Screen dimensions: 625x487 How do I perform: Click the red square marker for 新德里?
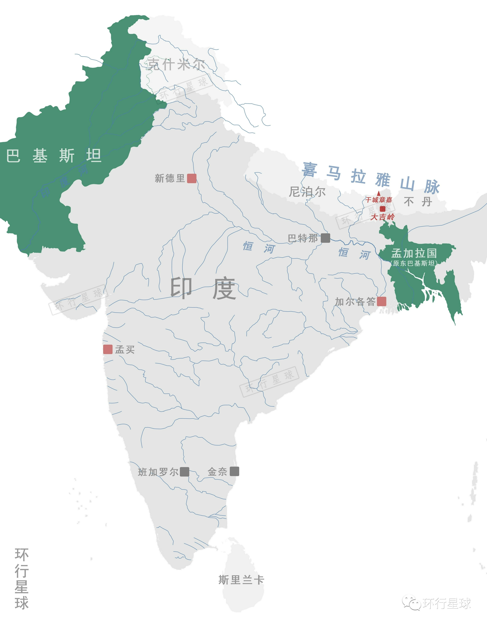pyautogui.click(x=191, y=178)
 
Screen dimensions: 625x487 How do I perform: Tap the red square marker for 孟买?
pyautogui.click(x=108, y=349)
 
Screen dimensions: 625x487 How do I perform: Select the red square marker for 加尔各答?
pyautogui.click(x=381, y=301)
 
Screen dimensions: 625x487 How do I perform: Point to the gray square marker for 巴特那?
pyautogui.click(x=325, y=238)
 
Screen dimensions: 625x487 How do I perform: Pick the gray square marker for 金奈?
pyautogui.click(x=234, y=471)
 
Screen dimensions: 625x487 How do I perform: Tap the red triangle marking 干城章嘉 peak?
pyautogui.click(x=379, y=193)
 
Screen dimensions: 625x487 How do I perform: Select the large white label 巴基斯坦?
pyautogui.click(x=54, y=156)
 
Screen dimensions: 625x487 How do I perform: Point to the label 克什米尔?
pyautogui.click(x=176, y=64)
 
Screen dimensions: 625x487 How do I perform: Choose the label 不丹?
pyautogui.click(x=418, y=202)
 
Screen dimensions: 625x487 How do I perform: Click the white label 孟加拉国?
pyautogui.click(x=414, y=253)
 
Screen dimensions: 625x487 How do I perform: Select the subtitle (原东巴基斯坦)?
pyautogui.click(x=414, y=263)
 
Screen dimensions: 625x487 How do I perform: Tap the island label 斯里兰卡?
pyautogui.click(x=241, y=580)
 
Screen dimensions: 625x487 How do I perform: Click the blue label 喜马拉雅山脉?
pyautogui.click(x=371, y=177)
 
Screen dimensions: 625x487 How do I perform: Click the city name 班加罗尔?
pyautogui.click(x=158, y=472)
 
